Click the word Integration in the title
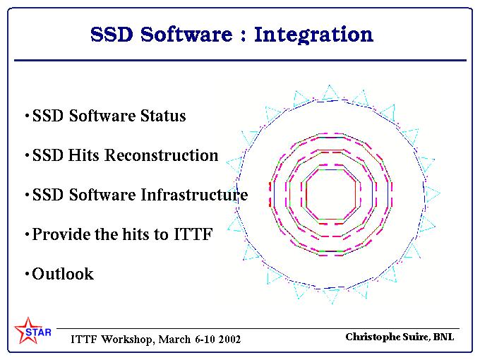[x=314, y=35]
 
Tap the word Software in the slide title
[x=186, y=34]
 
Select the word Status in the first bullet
[x=163, y=116]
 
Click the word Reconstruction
[x=162, y=155]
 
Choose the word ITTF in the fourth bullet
[x=193, y=234]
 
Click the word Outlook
[x=63, y=274]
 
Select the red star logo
[x=28, y=330]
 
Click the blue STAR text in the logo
[x=38, y=332]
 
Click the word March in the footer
[x=175, y=340]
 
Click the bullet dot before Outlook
[x=27, y=273]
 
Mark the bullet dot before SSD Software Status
[x=27, y=116]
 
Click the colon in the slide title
[x=244, y=36]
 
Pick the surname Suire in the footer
[x=416, y=337]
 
